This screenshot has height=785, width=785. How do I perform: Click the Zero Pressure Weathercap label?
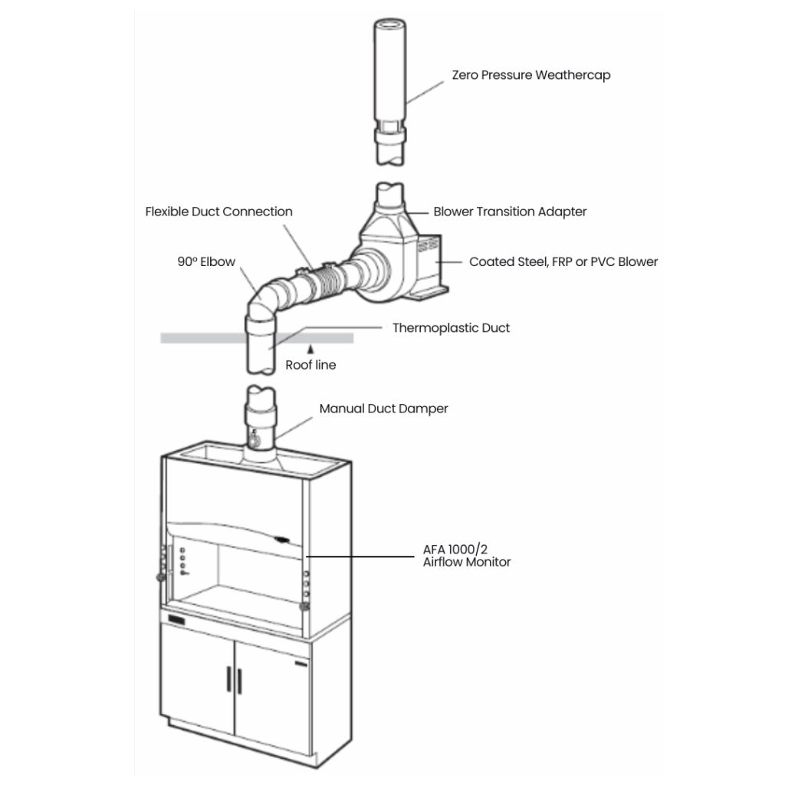(x=531, y=75)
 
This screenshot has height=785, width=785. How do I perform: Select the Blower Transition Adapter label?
(x=510, y=212)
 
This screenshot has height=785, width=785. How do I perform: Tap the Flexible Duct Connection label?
(x=218, y=212)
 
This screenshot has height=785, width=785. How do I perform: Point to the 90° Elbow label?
(x=206, y=262)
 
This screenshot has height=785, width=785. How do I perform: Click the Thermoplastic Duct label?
(x=451, y=328)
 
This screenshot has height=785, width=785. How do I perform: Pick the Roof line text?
(x=310, y=365)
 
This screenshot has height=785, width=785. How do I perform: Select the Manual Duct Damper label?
(x=383, y=409)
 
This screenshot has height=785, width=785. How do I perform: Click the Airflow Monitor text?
(x=467, y=562)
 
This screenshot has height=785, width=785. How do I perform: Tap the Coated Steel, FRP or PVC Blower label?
(x=563, y=262)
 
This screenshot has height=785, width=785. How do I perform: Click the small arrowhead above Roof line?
(x=310, y=349)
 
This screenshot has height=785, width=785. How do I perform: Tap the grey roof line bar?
(x=257, y=338)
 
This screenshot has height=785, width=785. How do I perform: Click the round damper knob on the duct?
(x=254, y=441)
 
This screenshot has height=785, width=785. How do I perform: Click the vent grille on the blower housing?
(x=428, y=245)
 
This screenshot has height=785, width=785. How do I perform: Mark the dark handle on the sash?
(x=282, y=539)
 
